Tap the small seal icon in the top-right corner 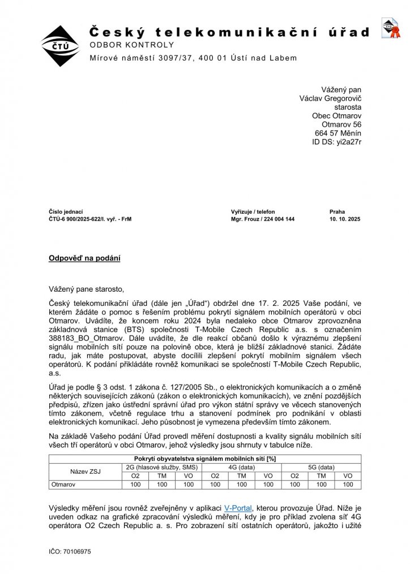point(390,28)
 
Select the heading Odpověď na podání point(84,258)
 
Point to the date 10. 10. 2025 point(345,219)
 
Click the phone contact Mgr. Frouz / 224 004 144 point(263,219)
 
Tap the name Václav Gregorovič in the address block point(330,98)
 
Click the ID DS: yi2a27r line point(336,141)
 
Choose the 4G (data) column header point(241,468)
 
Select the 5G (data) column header point(321,468)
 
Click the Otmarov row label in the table point(63,485)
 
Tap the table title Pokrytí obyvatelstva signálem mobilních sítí point(204,459)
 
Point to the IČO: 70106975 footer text point(70,551)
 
